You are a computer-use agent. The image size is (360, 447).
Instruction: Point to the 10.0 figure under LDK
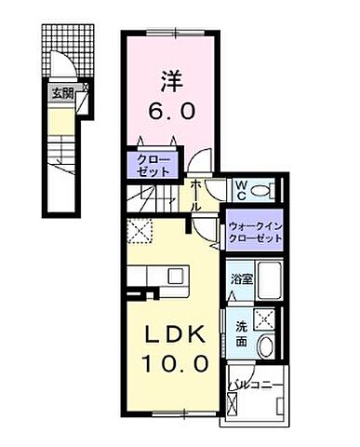[x=173, y=360]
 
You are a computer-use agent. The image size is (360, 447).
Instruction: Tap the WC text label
[x=238, y=189]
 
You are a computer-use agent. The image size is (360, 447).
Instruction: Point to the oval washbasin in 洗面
[x=266, y=346]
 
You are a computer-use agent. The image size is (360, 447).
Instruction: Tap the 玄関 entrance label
[x=61, y=92]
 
